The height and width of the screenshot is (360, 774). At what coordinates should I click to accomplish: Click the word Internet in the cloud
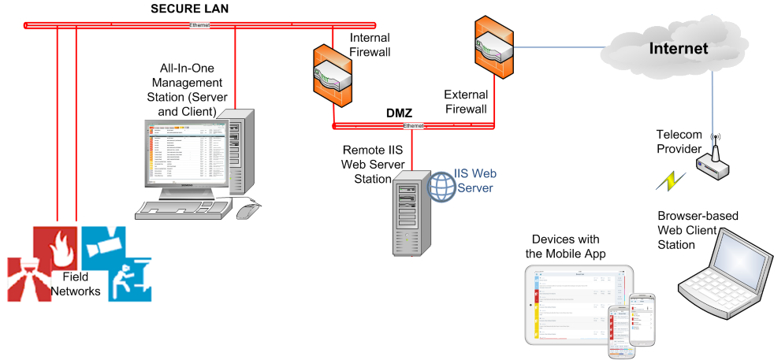point(678,49)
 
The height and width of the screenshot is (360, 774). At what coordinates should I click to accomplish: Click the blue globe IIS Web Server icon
point(442,187)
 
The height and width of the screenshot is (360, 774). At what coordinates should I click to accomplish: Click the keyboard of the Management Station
point(182,209)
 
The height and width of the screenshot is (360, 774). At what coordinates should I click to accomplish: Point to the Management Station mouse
point(247,210)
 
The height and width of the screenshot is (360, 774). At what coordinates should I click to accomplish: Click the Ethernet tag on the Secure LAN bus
point(200,25)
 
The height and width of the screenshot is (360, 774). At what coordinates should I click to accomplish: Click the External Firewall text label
point(464,101)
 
